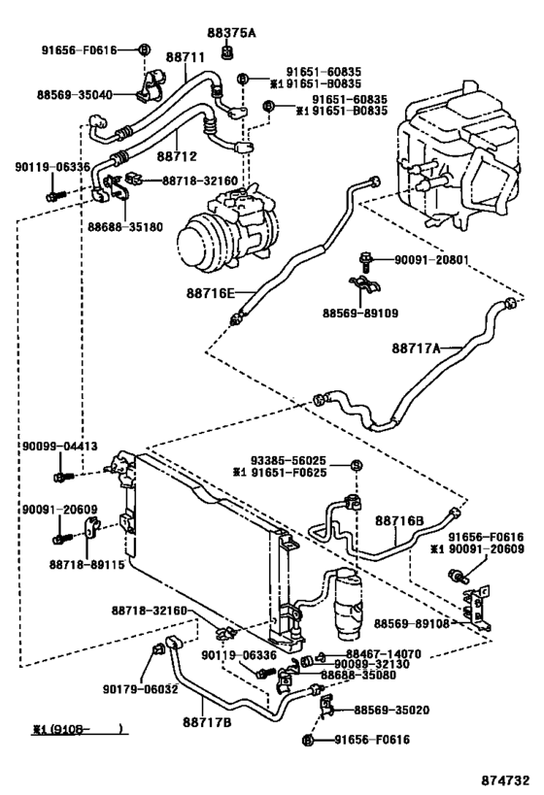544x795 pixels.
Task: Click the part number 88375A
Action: point(233,32)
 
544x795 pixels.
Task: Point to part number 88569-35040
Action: point(77,95)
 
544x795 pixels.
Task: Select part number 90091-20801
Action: point(434,259)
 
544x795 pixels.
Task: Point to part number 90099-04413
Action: point(59,447)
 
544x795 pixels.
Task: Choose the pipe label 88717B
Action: point(209,721)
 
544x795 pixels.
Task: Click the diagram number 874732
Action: point(506,779)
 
